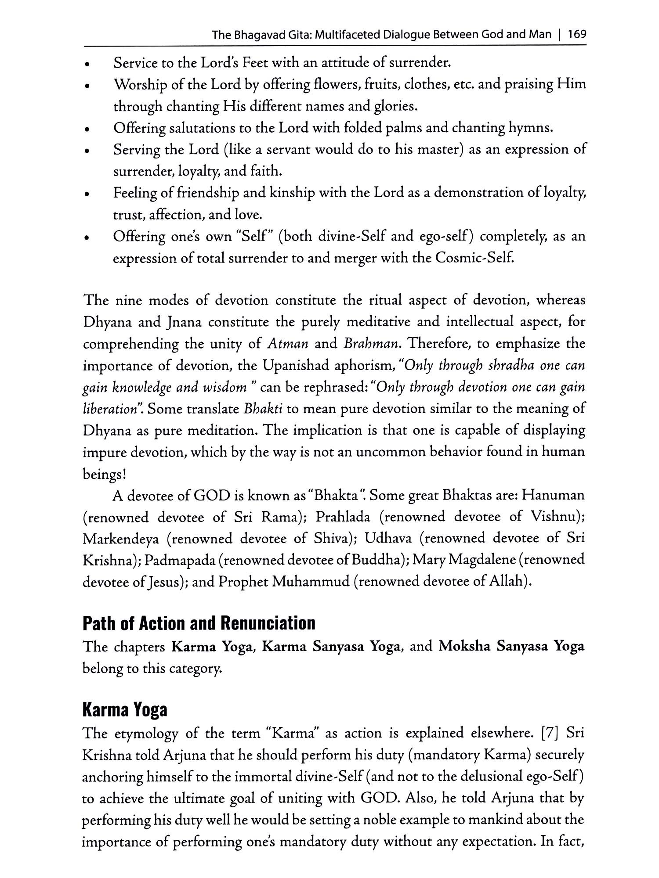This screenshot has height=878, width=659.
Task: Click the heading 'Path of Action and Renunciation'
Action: (199, 623)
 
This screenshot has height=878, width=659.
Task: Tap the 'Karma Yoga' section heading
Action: (125, 710)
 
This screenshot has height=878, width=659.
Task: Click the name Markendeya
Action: (120, 539)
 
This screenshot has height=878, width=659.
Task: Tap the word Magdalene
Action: (481, 560)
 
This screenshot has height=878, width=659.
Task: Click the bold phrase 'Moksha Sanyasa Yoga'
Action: (511, 647)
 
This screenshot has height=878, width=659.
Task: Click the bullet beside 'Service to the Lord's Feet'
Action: (88, 64)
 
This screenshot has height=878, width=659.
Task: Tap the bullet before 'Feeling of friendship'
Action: (88, 194)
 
